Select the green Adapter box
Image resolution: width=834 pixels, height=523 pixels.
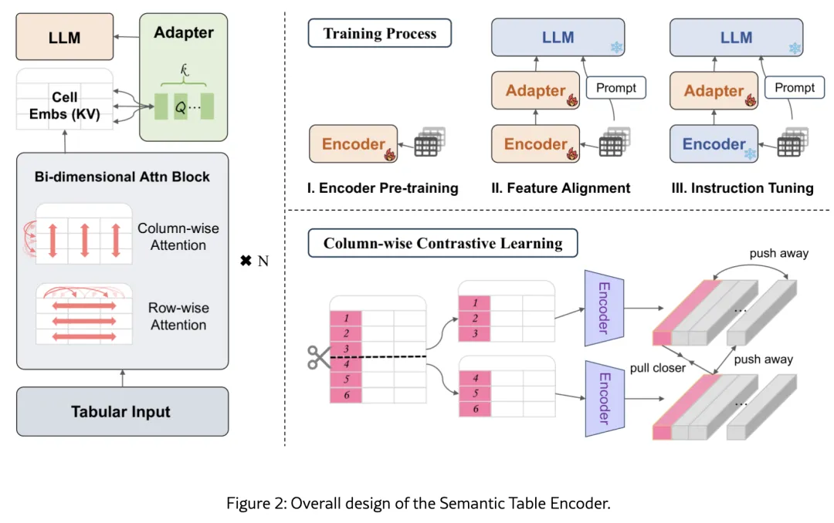click(184, 77)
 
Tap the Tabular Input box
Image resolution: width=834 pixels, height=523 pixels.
click(122, 411)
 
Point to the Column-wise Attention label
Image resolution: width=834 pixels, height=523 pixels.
click(178, 237)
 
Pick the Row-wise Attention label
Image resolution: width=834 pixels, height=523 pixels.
click(178, 316)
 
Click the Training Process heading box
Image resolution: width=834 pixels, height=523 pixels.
click(379, 34)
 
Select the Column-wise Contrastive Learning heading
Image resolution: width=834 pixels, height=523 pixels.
click(442, 244)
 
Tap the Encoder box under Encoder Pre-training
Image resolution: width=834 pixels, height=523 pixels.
click(353, 144)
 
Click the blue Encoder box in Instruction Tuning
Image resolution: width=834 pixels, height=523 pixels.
click(714, 144)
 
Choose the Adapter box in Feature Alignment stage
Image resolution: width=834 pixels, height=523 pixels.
click(536, 91)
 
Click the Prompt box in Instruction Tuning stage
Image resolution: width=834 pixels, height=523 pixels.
click(795, 88)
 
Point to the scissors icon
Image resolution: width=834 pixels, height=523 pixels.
click(317, 356)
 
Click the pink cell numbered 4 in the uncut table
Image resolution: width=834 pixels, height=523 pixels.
click(346, 364)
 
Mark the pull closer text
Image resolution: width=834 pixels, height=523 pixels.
click(658, 368)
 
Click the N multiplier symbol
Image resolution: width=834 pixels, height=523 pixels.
click(254, 261)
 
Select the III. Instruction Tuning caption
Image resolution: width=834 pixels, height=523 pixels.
click(742, 187)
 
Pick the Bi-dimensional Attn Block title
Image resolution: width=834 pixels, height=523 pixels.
click(122, 177)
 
